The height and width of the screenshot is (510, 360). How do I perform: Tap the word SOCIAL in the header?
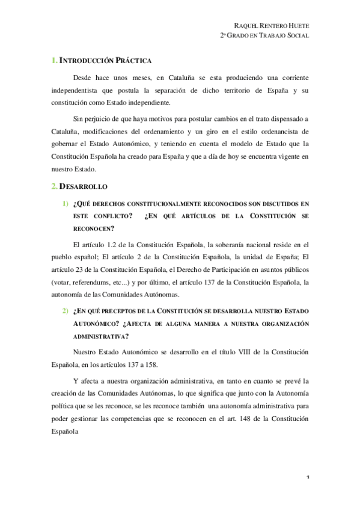[296, 36]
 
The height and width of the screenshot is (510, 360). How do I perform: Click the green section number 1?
[53, 61]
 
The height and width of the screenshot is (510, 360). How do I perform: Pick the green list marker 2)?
[64, 310]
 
